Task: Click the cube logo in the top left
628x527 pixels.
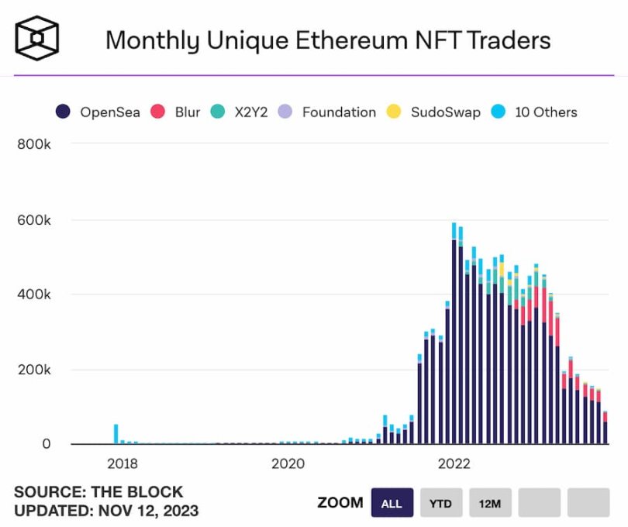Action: pos(37,39)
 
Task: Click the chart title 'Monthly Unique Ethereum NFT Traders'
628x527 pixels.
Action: pos(328,40)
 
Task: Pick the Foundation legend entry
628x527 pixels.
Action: pos(330,112)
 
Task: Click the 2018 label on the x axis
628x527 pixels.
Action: pos(122,464)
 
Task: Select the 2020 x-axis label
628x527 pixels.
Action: pos(288,464)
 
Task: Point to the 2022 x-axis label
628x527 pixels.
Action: pos(454,464)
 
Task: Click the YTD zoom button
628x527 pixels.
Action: pos(441,503)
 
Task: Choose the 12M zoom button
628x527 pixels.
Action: pos(489,503)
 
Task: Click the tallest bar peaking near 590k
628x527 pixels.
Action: pos(454,333)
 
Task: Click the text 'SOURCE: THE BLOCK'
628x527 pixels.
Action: pos(98,491)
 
